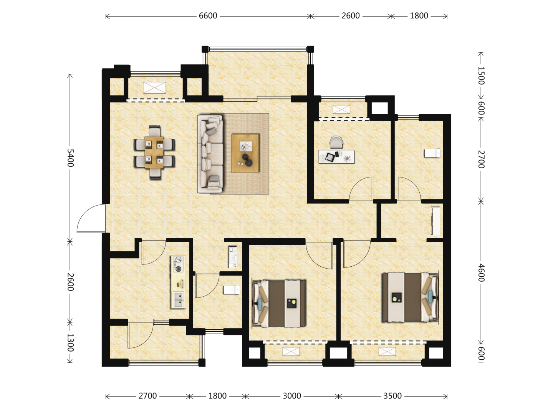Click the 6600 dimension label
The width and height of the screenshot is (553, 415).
point(208,16)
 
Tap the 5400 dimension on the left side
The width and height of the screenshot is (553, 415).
point(70,158)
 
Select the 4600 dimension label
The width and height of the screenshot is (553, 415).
point(481,273)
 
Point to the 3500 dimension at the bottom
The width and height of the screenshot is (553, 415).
point(392,396)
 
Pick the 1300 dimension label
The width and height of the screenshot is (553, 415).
point(70,343)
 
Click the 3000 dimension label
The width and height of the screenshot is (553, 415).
point(292,396)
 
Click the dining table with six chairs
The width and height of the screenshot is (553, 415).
point(154,153)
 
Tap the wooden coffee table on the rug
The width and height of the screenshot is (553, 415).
point(245,153)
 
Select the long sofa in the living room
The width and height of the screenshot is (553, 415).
point(210,154)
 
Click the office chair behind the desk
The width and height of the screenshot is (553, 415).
point(336,142)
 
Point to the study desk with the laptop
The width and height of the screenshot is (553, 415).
point(336,156)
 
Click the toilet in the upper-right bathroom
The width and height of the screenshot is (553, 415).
point(432,153)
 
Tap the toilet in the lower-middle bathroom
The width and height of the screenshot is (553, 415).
point(232,289)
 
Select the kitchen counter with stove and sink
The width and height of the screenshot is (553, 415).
point(179,282)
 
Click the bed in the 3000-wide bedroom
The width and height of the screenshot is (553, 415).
point(279,304)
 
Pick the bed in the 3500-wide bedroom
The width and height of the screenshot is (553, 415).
point(410,297)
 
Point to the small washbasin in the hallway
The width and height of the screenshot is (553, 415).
point(233,257)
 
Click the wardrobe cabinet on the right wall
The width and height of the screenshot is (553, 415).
point(435,221)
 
